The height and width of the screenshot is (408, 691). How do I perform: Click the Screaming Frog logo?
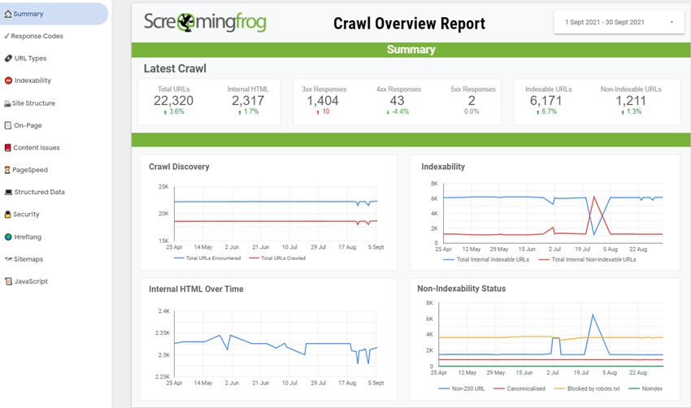205,23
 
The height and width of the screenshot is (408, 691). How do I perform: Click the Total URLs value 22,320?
173,101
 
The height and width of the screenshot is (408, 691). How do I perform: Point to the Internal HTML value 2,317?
247,101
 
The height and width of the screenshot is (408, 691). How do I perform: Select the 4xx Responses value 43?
397,101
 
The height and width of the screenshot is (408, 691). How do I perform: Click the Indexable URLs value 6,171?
546,101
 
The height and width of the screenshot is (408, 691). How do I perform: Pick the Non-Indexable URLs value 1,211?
630,101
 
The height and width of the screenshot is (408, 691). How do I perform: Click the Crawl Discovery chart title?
179,167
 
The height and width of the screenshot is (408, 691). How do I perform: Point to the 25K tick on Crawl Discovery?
163,187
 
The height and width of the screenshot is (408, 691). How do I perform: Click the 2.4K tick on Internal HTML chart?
163,311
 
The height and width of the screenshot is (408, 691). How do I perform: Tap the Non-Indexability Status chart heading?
461,289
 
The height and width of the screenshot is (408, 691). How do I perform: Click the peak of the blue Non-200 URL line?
593,315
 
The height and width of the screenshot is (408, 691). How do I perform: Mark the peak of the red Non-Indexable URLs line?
594,197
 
